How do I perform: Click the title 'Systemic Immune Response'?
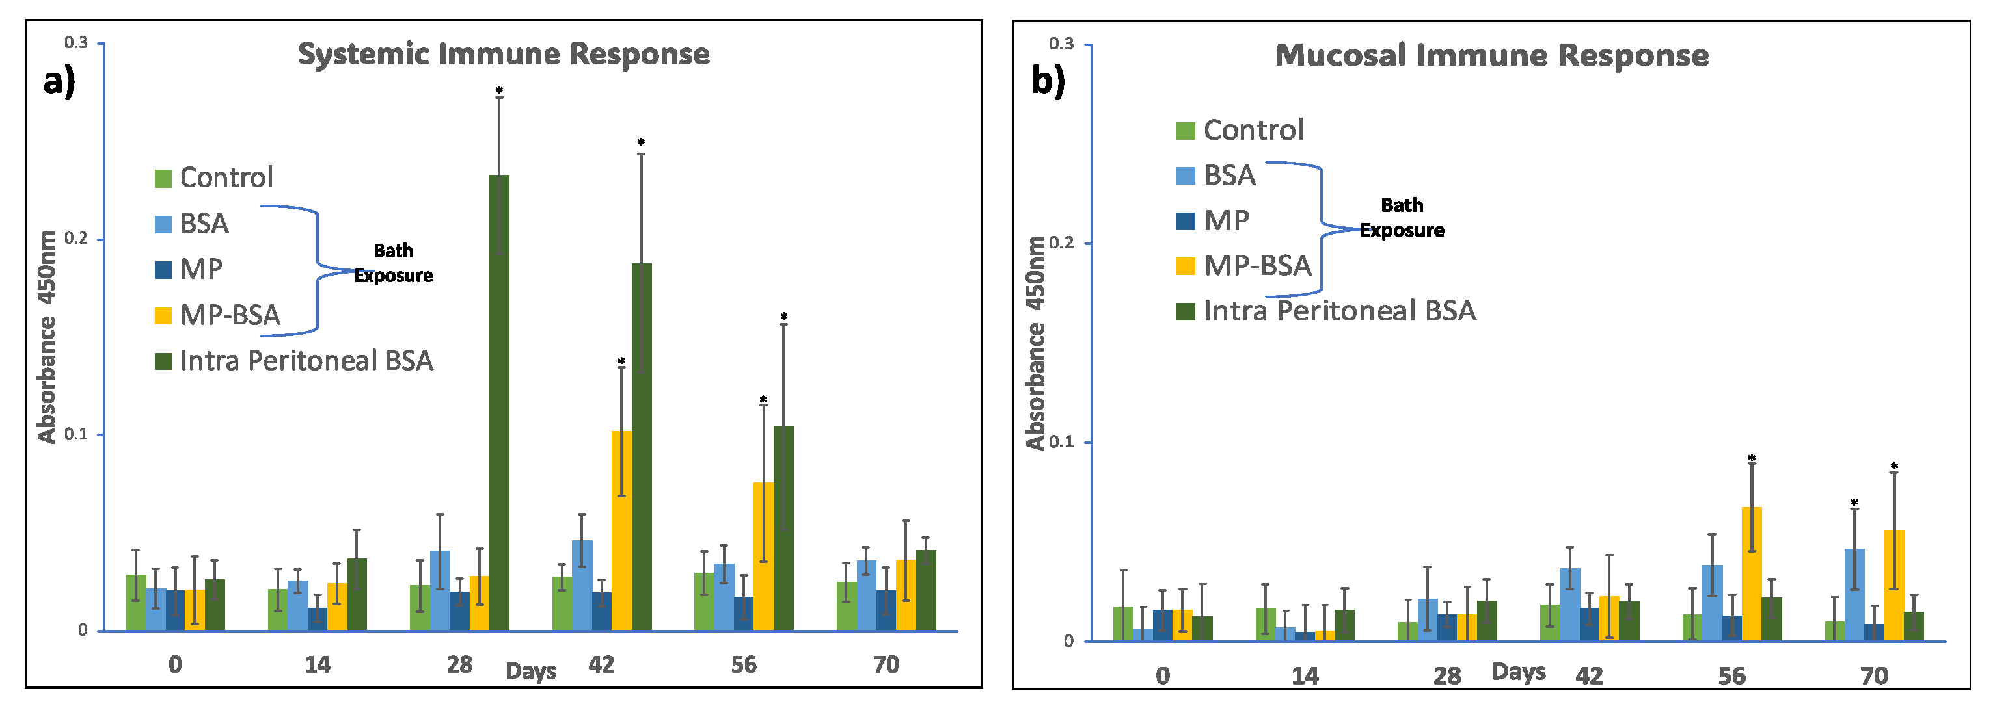504,54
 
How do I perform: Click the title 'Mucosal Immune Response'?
1491,56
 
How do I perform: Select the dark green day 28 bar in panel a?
500,402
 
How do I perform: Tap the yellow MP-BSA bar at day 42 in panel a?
621,530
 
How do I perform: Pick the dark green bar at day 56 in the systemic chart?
783,528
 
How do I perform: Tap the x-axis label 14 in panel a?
318,664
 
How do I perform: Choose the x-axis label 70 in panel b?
1874,676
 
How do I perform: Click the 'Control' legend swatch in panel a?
163,179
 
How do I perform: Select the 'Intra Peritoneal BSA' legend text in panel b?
1339,311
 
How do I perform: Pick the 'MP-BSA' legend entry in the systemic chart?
230,315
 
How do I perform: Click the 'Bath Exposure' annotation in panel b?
1402,218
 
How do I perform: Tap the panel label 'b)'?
1048,81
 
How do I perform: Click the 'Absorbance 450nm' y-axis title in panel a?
46,337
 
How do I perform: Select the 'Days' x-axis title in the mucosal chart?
1518,671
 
